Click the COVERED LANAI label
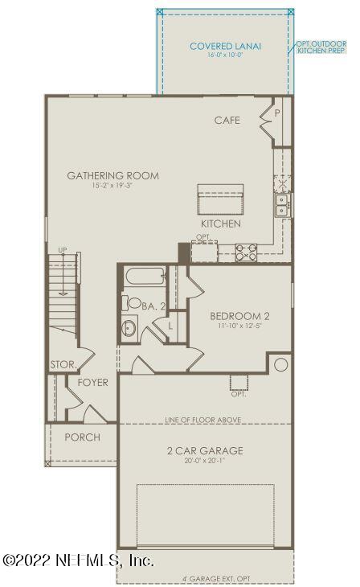(225, 46)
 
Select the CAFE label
(227, 121)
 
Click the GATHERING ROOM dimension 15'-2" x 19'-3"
(112, 187)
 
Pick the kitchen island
(221, 198)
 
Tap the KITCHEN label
(221, 224)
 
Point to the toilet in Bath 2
(129, 304)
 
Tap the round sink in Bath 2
(131, 329)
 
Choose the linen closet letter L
(171, 326)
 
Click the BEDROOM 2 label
(239, 316)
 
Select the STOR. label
(63, 364)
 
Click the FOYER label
(92, 383)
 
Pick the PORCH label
(82, 437)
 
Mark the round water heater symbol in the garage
(280, 365)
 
